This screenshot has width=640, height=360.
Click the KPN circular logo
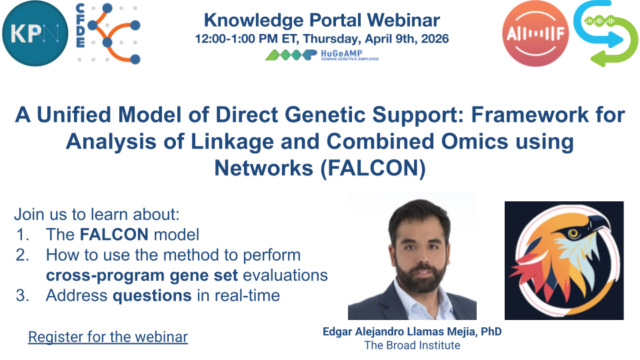(35, 33)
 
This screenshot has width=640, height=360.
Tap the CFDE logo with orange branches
(109, 33)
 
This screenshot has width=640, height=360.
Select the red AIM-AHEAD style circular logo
(535, 33)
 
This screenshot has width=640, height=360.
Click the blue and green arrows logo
(606, 33)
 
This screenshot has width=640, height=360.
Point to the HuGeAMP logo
(322, 55)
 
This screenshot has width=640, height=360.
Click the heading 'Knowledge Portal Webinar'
(321, 20)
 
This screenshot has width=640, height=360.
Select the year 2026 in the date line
(435, 39)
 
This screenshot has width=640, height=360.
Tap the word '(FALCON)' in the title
(372, 168)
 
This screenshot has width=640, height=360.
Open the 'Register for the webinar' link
(108, 337)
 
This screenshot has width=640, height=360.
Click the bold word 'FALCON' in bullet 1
(114, 235)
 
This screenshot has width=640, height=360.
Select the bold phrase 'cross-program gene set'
(141, 275)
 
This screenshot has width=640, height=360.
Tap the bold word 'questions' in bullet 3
(152, 295)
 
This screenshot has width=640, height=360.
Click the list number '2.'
(23, 255)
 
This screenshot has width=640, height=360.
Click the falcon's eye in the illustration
(573, 233)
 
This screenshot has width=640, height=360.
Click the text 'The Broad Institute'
(412, 345)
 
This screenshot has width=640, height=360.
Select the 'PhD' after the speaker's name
(491, 331)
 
